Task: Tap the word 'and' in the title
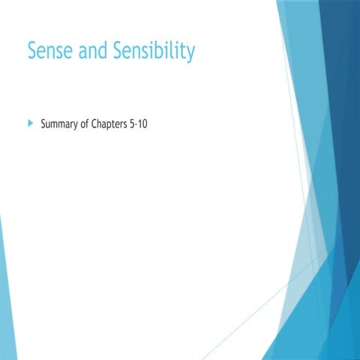click(x=91, y=51)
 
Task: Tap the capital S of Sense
click(x=32, y=51)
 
